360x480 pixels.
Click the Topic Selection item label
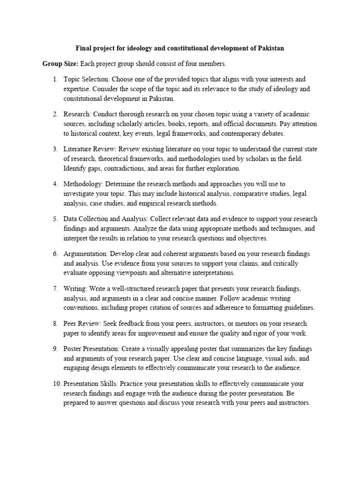pos(86,79)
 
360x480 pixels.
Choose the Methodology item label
pos(83,184)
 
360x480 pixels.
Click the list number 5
pos(55,219)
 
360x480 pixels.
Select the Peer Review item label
pos(82,324)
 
